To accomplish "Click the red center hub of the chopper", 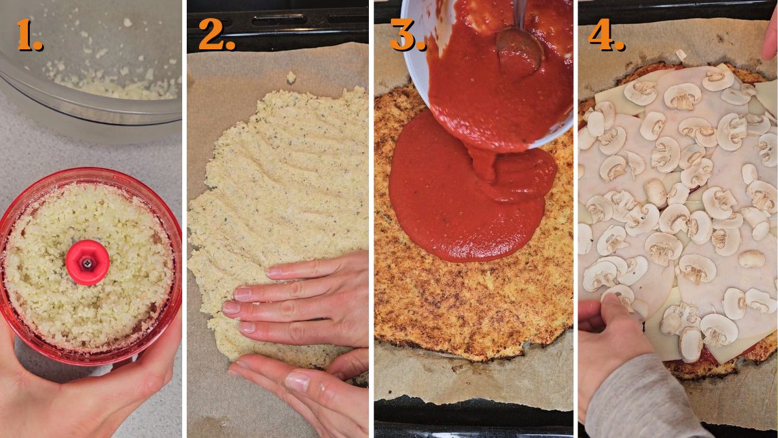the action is [x=88, y=262].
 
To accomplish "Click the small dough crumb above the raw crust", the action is [x=291, y=77].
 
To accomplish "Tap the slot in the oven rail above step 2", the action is [x=279, y=20].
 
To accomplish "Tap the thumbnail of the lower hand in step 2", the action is [x=297, y=382].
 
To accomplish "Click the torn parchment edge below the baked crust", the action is [x=473, y=400].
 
